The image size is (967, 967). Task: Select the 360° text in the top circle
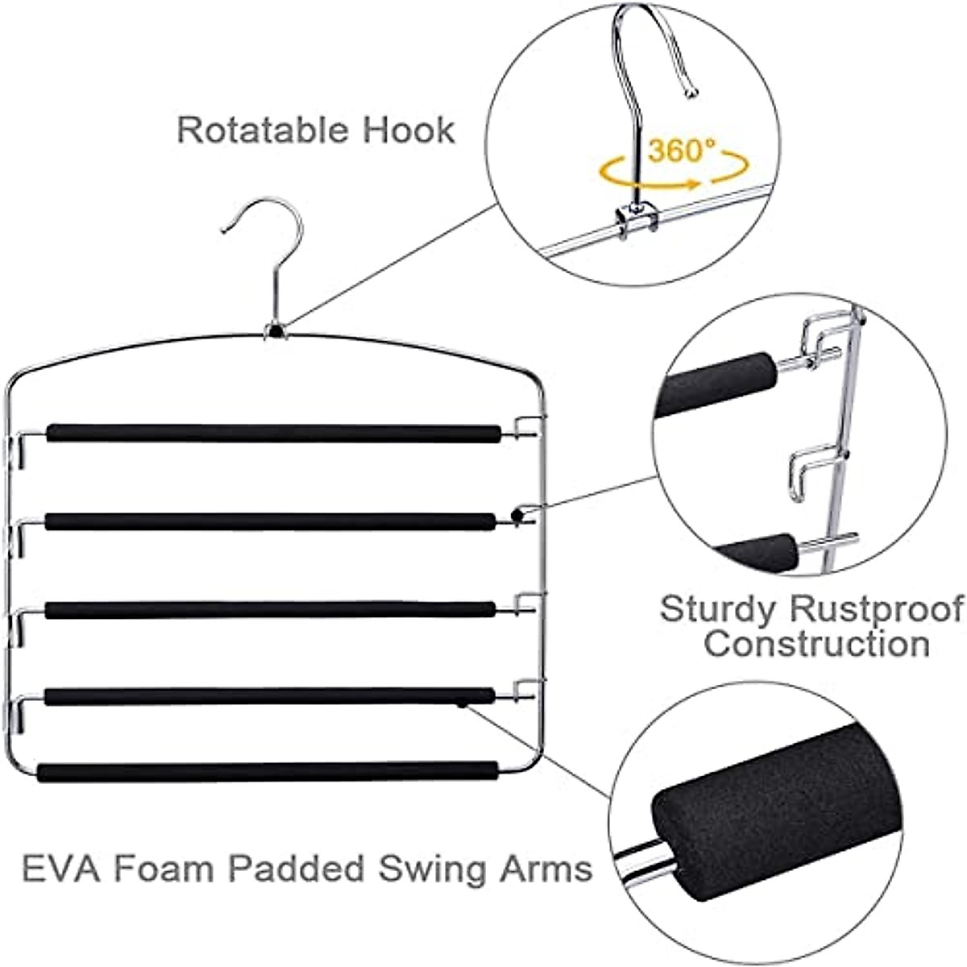click(681, 151)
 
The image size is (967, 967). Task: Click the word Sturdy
click(717, 609)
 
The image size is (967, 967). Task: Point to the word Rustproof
click(877, 609)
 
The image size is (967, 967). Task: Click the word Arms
click(549, 869)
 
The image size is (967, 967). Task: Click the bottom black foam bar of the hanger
click(267, 770)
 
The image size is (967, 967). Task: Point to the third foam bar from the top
click(270, 609)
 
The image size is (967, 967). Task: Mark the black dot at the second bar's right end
click(517, 513)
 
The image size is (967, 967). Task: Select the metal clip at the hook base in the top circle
click(637, 222)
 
